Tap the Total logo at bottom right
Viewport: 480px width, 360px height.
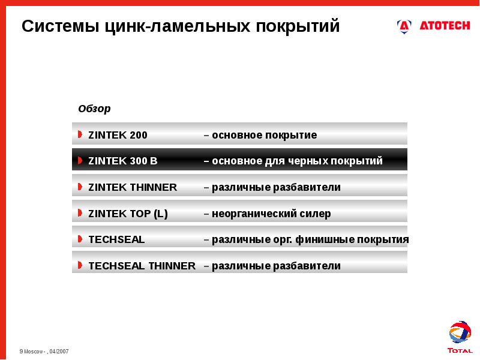click(x=460, y=337)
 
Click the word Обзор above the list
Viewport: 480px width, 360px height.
click(x=94, y=109)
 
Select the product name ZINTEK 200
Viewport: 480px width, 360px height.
click(x=118, y=135)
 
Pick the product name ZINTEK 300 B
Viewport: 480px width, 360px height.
click(x=123, y=161)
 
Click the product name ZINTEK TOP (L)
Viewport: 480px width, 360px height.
click(x=128, y=214)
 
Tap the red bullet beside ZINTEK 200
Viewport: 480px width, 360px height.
click(x=80, y=134)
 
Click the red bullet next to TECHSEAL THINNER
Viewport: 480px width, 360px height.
click(x=80, y=265)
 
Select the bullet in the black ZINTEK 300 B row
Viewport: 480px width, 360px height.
click(x=80, y=161)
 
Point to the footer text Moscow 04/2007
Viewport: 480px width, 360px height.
click(x=44, y=350)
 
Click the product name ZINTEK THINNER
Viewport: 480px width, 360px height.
click(x=133, y=187)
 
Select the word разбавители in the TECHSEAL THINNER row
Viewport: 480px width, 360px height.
click(x=307, y=266)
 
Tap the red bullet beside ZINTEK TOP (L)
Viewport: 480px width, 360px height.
click(x=80, y=213)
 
